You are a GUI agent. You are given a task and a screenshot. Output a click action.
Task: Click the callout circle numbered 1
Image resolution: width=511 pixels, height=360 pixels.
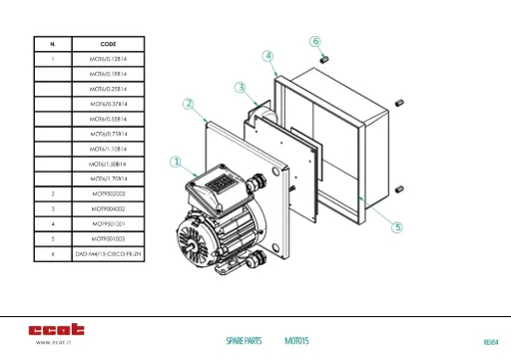pyautogui.click(x=176, y=162)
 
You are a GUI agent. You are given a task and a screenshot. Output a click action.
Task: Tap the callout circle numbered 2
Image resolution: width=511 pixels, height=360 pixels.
pyautogui.click(x=188, y=103)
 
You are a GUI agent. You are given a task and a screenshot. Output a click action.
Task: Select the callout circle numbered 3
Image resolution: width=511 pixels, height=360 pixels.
pyautogui.click(x=241, y=88)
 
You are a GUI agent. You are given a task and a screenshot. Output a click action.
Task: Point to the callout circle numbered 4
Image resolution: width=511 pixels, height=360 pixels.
pyautogui.click(x=268, y=56)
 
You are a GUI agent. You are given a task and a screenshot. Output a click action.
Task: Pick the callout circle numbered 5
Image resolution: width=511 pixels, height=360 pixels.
pyautogui.click(x=396, y=227)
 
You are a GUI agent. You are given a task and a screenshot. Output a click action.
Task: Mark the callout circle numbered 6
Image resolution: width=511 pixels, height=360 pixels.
pyautogui.click(x=315, y=42)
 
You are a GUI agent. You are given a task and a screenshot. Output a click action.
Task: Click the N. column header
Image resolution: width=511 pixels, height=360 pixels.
pyautogui.click(x=52, y=44)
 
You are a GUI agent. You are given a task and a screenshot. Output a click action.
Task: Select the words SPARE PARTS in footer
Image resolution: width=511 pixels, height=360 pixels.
pyautogui.click(x=244, y=341)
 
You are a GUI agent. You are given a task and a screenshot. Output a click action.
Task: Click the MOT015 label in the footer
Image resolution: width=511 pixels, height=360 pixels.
pyautogui.click(x=296, y=341)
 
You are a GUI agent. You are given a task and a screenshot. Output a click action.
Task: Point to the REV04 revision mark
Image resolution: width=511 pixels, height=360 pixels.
pyautogui.click(x=489, y=342)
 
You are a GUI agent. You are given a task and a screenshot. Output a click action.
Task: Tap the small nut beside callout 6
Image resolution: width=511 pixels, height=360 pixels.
pyautogui.click(x=323, y=59)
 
